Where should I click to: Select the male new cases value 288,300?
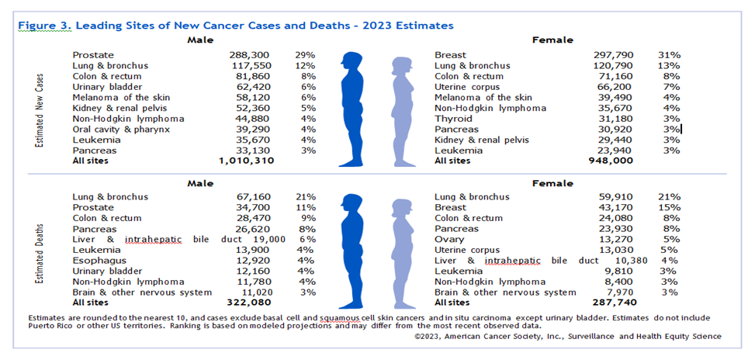point(251,56)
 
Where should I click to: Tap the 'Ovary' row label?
point(450,240)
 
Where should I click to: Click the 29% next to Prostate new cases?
point(305,56)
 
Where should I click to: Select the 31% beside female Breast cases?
point(670,56)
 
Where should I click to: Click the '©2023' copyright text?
point(428,337)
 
